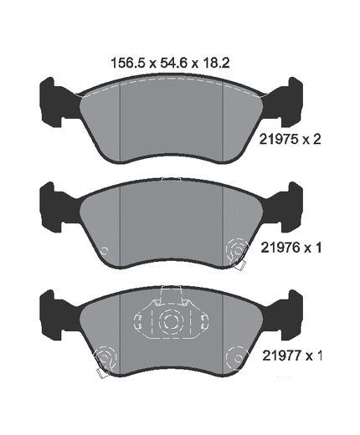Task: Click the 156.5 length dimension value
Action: coord(128,63)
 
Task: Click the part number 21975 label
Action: coord(278,140)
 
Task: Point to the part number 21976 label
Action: coord(280,248)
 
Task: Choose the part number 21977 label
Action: coord(281,356)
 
